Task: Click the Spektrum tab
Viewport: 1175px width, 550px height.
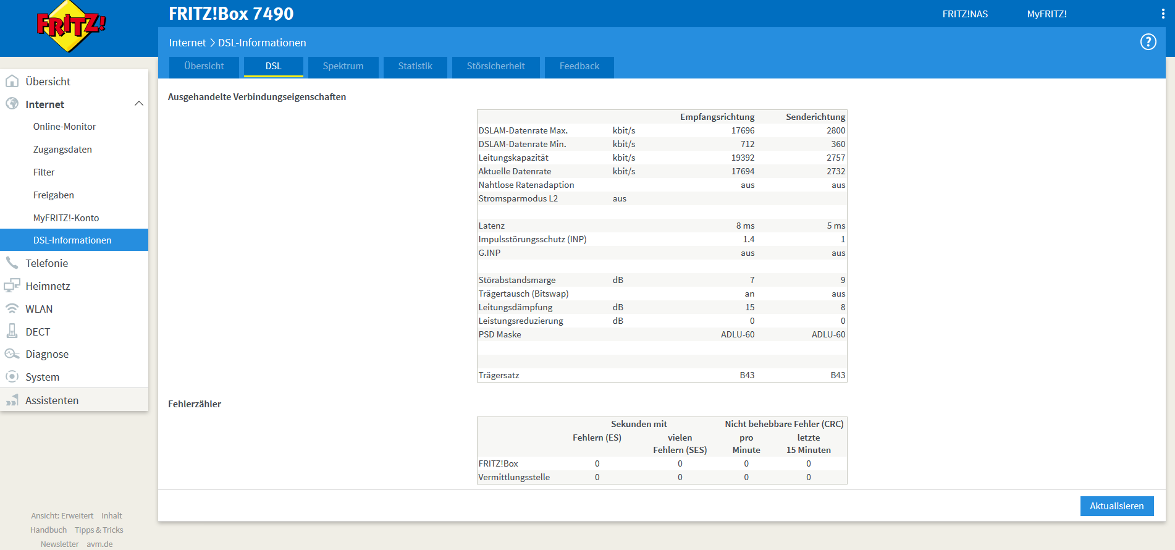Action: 343,67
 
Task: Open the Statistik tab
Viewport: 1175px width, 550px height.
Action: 415,67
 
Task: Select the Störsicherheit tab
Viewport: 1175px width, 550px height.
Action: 496,67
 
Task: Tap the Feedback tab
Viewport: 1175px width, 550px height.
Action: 579,67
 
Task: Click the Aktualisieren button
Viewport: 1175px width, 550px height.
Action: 1117,506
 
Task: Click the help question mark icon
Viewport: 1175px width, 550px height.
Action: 1148,42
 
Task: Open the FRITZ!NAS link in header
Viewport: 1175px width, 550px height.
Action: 965,14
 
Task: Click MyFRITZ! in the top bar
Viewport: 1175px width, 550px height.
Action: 1047,14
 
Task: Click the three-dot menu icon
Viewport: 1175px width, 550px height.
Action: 1163,14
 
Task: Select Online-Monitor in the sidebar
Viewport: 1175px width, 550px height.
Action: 65,127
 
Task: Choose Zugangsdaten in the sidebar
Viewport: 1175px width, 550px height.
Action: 62,150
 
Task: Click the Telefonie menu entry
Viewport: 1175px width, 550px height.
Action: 47,263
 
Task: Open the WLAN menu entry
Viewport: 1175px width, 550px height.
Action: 39,309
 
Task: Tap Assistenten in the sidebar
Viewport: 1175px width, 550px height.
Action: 52,400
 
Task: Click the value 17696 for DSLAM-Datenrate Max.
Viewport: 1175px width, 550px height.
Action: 743,130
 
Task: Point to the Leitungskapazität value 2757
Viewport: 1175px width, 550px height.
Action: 836,158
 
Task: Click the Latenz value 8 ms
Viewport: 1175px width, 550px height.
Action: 745,226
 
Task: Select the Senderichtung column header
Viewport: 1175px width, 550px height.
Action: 815,117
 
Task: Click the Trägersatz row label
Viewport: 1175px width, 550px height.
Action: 499,375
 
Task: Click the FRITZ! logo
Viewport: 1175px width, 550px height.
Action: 71,26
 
